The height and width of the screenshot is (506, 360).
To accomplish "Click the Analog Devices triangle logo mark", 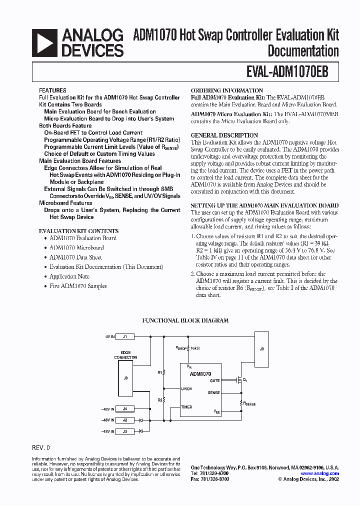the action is point(45,43).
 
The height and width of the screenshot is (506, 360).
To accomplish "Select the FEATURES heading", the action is point(52,91).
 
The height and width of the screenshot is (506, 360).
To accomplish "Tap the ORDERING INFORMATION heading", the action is point(223,90).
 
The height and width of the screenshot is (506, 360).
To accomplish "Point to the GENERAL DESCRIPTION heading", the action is point(224,135).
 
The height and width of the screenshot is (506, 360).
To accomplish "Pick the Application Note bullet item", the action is point(69,276).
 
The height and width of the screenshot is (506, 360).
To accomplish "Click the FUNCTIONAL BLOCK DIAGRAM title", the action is point(185,320).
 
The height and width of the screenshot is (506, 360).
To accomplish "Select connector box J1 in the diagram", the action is point(125,336).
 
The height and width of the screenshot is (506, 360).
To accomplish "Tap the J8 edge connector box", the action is point(125,378).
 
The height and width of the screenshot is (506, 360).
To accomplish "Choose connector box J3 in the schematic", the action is point(125,430).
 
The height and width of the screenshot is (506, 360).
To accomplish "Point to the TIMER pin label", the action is point(186,407).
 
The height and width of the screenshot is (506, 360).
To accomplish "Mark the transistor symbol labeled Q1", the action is point(239,380).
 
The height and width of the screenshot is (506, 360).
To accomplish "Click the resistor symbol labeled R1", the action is point(164,372).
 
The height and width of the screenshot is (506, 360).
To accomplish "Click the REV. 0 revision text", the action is point(41,447).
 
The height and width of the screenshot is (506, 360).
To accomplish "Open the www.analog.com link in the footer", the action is point(319,473).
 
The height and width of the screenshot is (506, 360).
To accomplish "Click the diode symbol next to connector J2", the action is point(141,420).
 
